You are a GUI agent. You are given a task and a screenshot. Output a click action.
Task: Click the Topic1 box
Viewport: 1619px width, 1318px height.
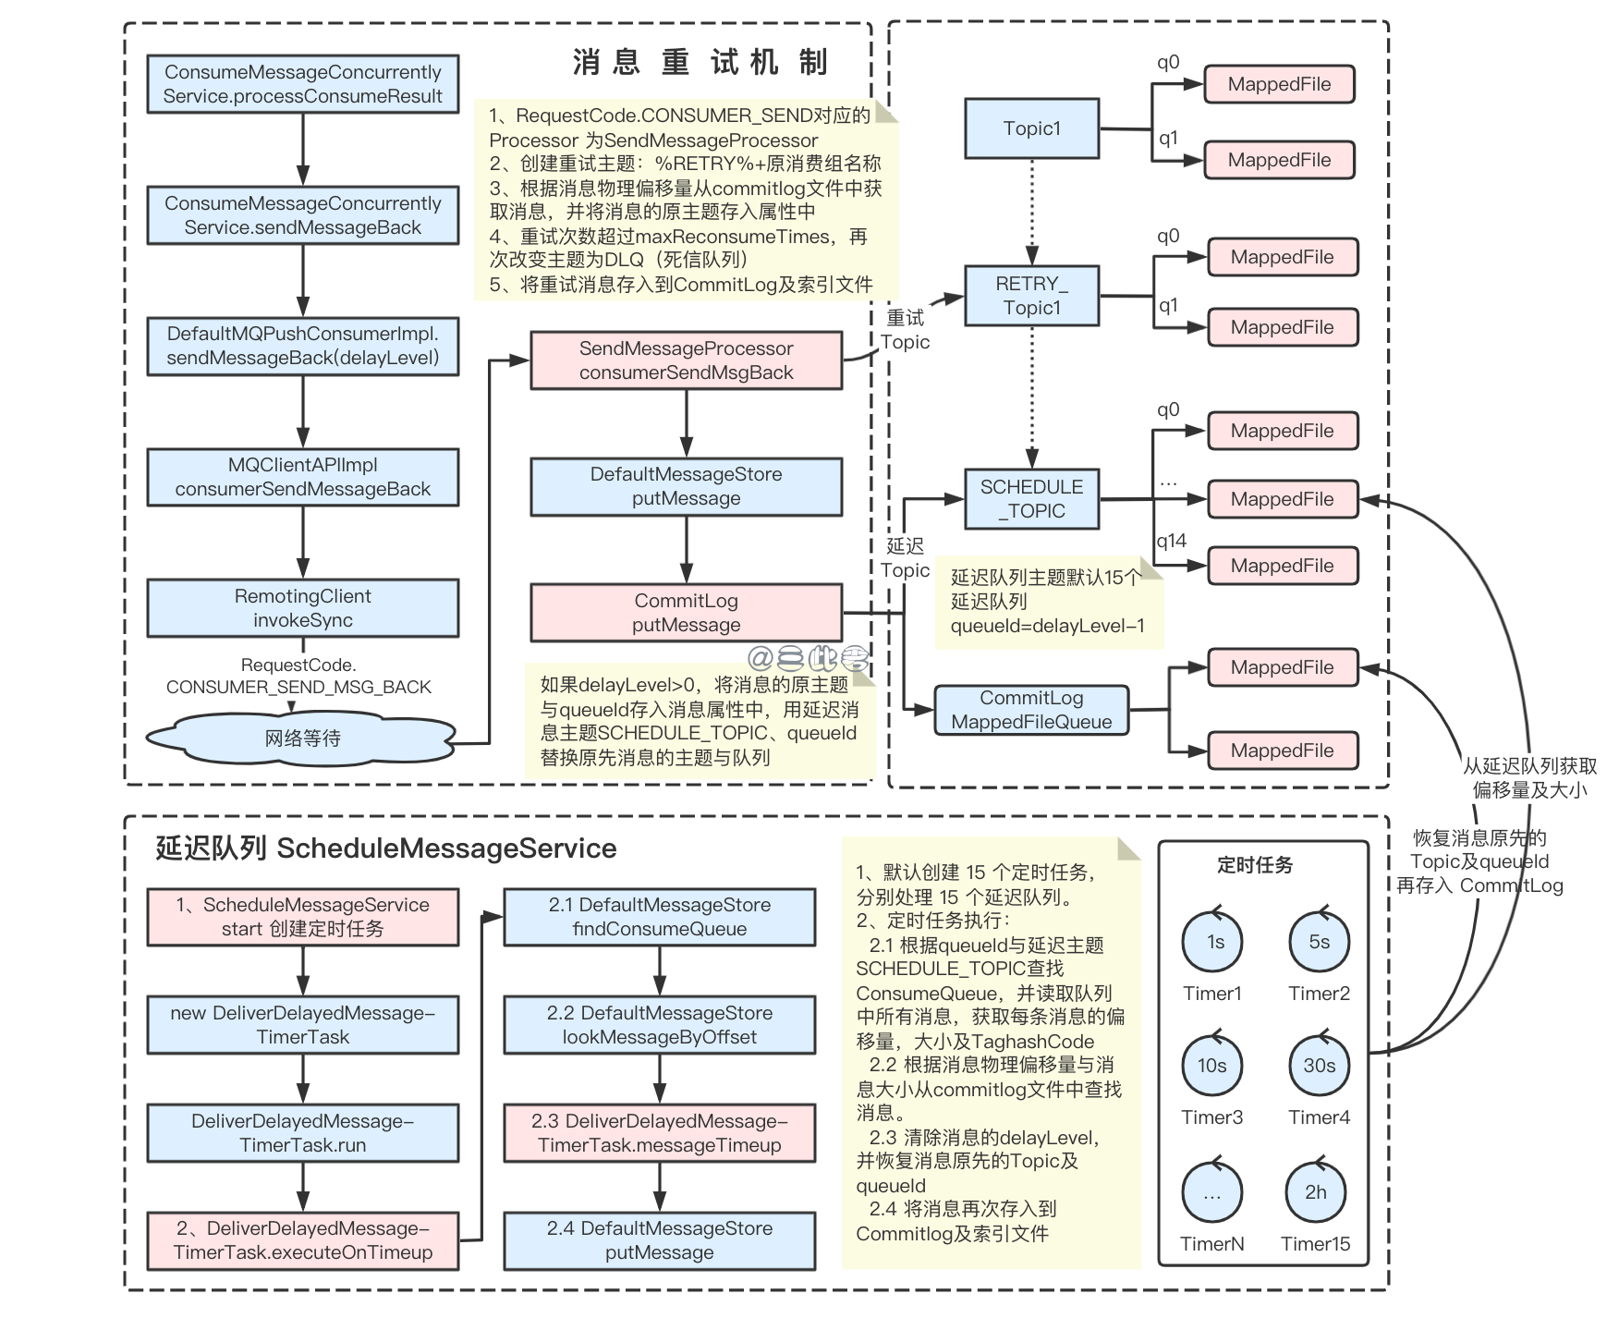1031,128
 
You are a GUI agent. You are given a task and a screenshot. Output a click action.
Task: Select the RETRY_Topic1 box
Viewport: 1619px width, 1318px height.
1031,296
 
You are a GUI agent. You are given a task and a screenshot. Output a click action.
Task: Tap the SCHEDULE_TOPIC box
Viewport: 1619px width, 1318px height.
1031,499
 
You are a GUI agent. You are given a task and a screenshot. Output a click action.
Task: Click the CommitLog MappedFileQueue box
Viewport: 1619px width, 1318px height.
1031,710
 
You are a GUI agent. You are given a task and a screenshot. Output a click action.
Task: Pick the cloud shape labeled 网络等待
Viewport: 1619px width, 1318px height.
302,738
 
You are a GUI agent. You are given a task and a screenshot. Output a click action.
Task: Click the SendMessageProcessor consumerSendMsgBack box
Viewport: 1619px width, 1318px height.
686,360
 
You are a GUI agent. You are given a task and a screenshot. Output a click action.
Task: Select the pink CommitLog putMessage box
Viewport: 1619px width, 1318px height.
686,613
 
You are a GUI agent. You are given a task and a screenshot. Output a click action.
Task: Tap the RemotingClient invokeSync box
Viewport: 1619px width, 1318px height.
302,608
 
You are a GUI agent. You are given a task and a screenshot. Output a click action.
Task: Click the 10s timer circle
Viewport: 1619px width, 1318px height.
1211,1066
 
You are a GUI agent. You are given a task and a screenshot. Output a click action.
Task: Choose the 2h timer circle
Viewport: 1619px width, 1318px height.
1315,1192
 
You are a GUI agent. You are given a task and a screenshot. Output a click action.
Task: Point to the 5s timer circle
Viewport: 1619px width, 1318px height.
1319,942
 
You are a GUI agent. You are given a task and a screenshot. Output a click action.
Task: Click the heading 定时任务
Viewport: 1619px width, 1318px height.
1254,865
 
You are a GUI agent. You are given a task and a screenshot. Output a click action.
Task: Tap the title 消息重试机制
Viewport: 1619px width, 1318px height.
700,63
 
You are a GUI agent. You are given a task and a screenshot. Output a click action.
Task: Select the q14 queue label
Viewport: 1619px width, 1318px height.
1171,542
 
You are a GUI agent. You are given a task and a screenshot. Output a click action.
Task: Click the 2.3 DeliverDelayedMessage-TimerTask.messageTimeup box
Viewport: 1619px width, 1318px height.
659,1133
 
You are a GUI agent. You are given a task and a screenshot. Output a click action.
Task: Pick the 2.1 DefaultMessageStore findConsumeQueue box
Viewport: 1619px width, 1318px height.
659,917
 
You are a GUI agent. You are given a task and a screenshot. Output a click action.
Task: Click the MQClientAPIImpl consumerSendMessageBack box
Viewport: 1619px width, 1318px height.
302,477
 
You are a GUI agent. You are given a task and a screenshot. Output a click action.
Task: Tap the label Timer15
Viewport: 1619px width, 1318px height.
1315,1244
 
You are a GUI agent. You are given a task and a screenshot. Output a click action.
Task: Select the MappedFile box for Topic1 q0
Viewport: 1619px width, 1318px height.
1279,84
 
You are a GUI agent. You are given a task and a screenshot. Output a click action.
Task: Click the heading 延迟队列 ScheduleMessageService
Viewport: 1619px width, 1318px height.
385,848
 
